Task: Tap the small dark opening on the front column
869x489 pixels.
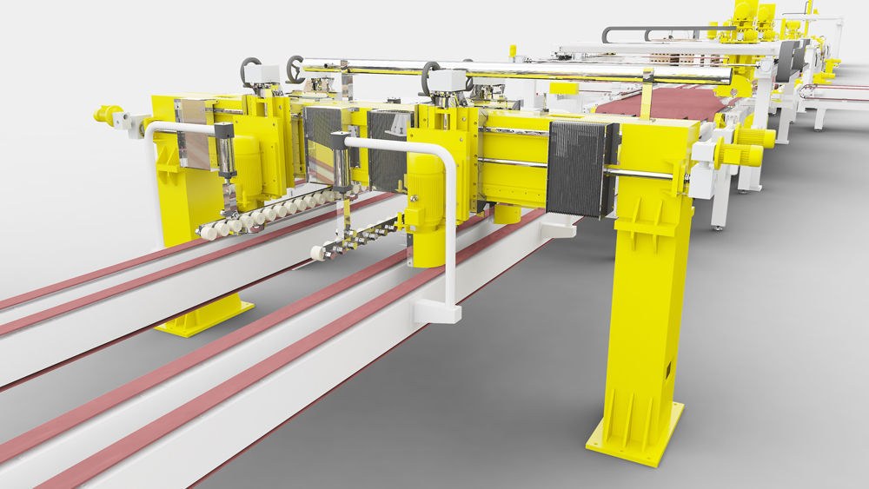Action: (x=668, y=372)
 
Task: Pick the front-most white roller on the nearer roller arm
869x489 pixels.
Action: (x=319, y=253)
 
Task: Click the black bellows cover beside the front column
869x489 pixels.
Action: (x=580, y=169)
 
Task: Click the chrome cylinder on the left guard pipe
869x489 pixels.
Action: (x=224, y=153)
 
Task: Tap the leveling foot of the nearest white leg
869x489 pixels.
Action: (x=718, y=227)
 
